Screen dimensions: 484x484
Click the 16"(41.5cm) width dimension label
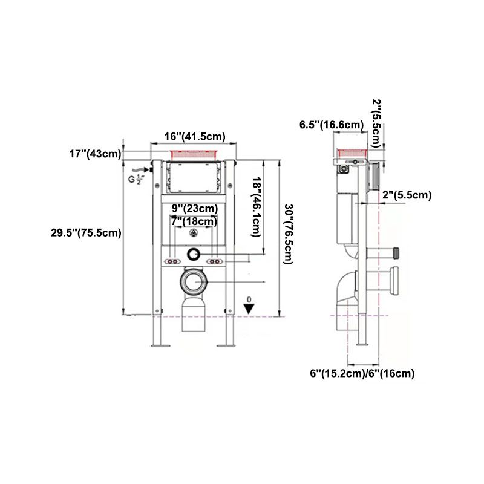click(195, 137)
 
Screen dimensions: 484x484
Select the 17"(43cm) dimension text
click(94, 154)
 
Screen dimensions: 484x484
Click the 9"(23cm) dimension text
click(194, 209)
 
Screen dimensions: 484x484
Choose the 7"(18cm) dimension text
click(194, 221)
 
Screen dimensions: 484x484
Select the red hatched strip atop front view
click(195, 154)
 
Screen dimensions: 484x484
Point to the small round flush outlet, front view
click(195, 255)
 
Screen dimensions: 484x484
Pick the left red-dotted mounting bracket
click(173, 261)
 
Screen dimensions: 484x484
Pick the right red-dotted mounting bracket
click(215, 261)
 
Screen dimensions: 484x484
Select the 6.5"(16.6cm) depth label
click(332, 125)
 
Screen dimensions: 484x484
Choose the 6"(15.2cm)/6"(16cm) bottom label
click(362, 373)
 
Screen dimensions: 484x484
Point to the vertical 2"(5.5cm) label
click(376, 123)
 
